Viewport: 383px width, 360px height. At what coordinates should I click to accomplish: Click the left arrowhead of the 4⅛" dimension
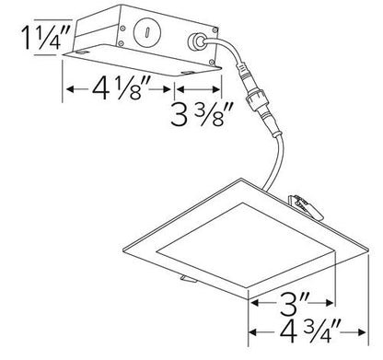pos(65,90)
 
